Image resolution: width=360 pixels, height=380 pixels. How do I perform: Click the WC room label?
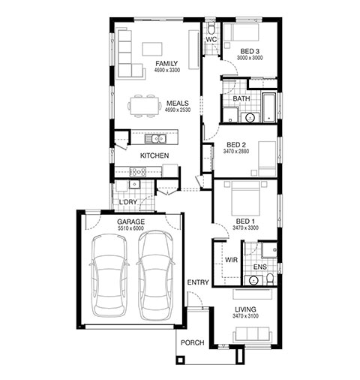pyautogui.click(x=211, y=39)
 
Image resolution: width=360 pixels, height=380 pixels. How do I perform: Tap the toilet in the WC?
pyautogui.click(x=211, y=28)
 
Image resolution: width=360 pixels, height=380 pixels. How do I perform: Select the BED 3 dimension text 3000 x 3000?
pyautogui.click(x=250, y=58)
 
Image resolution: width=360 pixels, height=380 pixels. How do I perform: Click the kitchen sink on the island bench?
pyautogui.click(x=155, y=138)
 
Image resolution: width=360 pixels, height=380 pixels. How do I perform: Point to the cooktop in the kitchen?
pyautogui.click(x=138, y=172)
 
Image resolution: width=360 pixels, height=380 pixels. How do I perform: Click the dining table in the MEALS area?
pyautogui.click(x=144, y=106)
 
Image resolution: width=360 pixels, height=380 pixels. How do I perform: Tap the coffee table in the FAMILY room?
pyautogui.click(x=152, y=49)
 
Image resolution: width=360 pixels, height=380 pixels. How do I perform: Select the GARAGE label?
pyautogui.click(x=130, y=222)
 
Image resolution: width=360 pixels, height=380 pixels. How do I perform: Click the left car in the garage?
pyautogui.click(x=109, y=276)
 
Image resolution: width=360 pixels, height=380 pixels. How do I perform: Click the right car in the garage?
pyautogui.click(x=155, y=276)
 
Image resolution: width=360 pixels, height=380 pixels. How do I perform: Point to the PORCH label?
pyautogui.click(x=192, y=342)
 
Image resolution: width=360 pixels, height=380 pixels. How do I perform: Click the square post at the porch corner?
pyautogui.click(x=180, y=360)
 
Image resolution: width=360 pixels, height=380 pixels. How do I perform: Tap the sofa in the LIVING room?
pyautogui.click(x=252, y=334)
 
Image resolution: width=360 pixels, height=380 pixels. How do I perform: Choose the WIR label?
pyautogui.click(x=231, y=260)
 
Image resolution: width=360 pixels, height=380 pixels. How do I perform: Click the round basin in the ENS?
pyautogui.click(x=253, y=280)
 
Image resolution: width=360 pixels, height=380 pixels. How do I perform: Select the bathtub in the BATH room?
pyautogui.click(x=268, y=107)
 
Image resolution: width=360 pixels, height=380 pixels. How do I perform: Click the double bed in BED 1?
pyautogui.click(x=246, y=198)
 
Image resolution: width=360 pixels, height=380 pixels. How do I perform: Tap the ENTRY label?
pyautogui.click(x=198, y=282)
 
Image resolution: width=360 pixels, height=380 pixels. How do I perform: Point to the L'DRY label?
pyautogui.click(x=128, y=202)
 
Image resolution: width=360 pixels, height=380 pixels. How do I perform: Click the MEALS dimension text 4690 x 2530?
pyautogui.click(x=178, y=110)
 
